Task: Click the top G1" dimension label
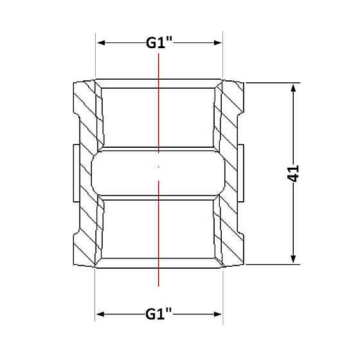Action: pyautogui.click(x=159, y=42)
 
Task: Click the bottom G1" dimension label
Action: pyautogui.click(x=158, y=314)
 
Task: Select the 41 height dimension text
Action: pyautogui.click(x=293, y=174)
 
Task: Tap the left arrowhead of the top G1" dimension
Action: pyautogui.click(x=101, y=42)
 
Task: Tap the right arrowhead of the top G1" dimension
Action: pyautogui.click(x=218, y=42)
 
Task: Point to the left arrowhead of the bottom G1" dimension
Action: pyautogui.click(x=100, y=314)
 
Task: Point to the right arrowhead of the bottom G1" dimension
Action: pyautogui.click(x=218, y=314)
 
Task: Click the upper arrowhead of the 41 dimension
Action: pyautogui.click(x=293, y=88)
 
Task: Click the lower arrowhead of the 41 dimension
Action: pyautogui.click(x=293, y=258)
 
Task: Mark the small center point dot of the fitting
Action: pyautogui.click(x=158, y=167)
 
